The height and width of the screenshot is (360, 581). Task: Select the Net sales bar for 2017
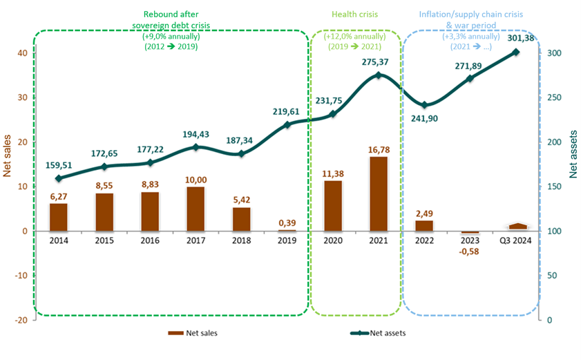[x=196, y=209]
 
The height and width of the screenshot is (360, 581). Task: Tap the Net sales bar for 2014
[x=59, y=217]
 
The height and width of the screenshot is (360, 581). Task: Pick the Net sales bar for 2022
[x=424, y=225]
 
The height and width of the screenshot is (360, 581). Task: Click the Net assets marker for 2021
[x=378, y=75]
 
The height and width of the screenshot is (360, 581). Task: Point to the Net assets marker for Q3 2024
[x=515, y=52]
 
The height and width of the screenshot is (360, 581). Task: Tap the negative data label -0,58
[x=470, y=251]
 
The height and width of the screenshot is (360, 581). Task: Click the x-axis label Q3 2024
[x=515, y=240]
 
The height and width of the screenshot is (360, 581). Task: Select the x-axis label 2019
[x=287, y=240]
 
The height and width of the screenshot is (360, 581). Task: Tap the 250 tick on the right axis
[x=553, y=98]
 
